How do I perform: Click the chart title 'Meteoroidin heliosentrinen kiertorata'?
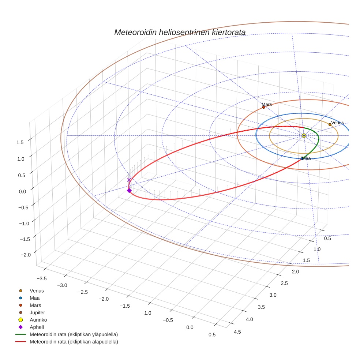(180, 32)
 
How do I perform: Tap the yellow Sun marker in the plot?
(304, 135)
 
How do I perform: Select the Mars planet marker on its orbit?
(263, 107)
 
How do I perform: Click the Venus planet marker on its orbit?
(330, 125)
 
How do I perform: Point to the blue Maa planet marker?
(302, 158)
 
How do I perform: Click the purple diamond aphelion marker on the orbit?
(129, 190)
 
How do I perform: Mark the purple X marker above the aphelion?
(129, 180)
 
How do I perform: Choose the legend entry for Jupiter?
(37, 312)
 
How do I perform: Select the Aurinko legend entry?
(38, 320)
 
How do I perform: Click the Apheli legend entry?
(37, 327)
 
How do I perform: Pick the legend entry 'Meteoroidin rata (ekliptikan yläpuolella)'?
(74, 334)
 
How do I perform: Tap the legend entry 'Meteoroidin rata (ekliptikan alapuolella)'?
(74, 342)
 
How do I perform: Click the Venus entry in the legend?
(37, 290)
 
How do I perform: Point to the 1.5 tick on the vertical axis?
(20, 143)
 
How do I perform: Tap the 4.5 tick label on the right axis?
(237, 332)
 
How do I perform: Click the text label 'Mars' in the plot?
(267, 104)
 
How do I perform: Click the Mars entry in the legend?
(35, 305)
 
